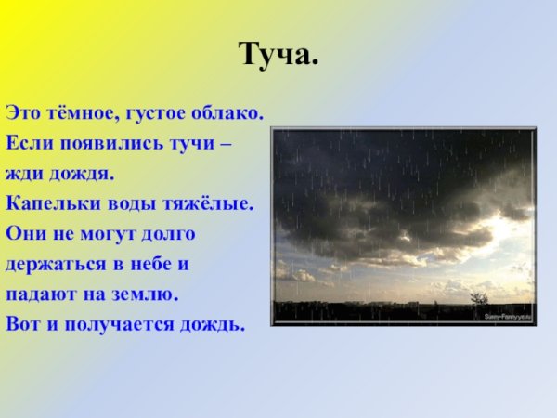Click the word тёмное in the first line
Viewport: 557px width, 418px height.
coord(79,112)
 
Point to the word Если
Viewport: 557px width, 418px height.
coord(26,143)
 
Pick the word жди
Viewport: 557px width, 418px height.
coord(22,174)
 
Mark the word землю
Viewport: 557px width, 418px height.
coord(147,294)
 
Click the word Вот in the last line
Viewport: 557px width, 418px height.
coord(22,324)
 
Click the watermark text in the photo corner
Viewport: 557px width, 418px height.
coord(506,316)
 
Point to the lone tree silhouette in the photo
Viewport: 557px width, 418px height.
coord(478,299)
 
